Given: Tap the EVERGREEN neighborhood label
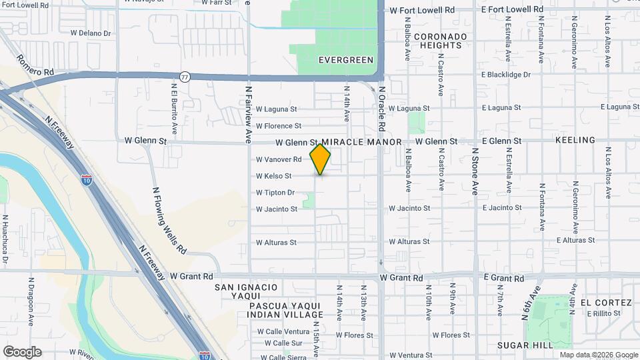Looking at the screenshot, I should tap(346, 60).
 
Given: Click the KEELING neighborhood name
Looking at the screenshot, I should tap(575, 140).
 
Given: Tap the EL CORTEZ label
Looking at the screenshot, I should tap(606, 302).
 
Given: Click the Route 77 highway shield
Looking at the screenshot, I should tap(185, 77).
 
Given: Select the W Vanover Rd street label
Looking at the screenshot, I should tap(279, 159).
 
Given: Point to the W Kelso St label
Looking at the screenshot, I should tap(274, 176).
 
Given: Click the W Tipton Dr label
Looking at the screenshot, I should tap(275, 193).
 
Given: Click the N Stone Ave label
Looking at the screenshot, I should tap(475, 171).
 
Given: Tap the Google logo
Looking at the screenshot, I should tap(22, 352).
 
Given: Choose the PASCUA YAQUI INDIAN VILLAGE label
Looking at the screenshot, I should tap(285, 311).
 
